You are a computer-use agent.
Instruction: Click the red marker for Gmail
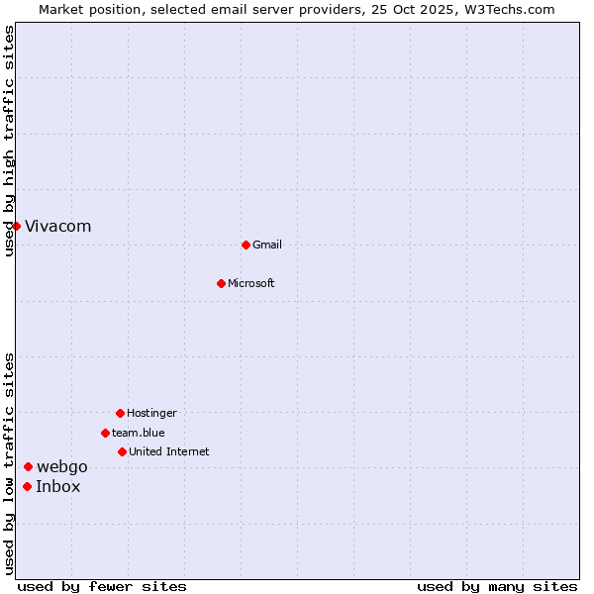246,245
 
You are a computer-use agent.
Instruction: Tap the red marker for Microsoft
221,283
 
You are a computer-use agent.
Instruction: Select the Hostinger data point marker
120,413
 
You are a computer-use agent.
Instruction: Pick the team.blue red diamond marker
105,433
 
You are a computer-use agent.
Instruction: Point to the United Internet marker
122,451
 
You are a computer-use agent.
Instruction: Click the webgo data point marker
29,467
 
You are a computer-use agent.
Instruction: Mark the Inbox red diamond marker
27,486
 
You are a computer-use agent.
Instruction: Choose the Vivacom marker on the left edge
17,226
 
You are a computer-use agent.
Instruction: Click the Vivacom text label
58,227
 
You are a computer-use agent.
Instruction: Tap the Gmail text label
267,246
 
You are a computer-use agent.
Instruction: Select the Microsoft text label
251,284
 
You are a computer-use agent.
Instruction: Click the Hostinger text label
151,414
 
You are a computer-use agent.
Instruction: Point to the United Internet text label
169,452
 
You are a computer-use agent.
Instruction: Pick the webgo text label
62,467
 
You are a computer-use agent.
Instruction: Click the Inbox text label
58,487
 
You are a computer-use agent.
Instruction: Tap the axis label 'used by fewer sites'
102,586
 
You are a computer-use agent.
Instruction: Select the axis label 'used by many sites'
497,586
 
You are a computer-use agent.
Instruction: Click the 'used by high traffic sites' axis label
10,141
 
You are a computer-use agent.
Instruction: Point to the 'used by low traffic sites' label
10,463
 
